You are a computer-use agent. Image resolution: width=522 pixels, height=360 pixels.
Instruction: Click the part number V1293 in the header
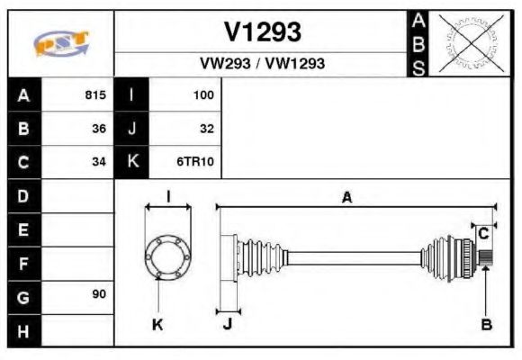tap(262, 32)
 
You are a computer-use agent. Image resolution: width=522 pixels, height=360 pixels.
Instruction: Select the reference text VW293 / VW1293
tap(262, 64)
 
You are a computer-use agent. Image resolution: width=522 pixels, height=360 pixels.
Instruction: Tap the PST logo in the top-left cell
tap(61, 42)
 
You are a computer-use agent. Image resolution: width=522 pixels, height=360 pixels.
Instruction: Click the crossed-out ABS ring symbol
tap(465, 42)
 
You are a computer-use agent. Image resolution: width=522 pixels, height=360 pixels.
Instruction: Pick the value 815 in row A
tap(95, 94)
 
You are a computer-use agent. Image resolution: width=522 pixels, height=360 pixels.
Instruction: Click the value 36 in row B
tap(99, 129)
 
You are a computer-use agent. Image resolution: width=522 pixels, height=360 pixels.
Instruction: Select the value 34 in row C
tap(99, 162)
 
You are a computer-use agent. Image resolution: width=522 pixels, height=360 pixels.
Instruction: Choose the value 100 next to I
tap(203, 94)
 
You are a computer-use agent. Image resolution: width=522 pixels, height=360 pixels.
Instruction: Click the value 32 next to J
tap(207, 129)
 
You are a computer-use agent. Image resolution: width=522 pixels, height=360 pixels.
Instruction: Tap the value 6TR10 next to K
tap(197, 162)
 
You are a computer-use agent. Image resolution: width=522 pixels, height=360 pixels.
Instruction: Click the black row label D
tap(23, 195)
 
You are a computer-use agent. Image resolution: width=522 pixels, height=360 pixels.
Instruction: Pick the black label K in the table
tap(132, 162)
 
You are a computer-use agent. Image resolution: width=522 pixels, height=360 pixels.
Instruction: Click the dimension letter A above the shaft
tap(346, 198)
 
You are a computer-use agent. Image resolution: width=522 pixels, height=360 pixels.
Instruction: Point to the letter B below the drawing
tap(486, 325)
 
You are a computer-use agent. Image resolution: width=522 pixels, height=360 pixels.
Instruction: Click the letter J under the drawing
tap(227, 325)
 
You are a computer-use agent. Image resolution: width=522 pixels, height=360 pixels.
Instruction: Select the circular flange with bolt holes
tap(168, 256)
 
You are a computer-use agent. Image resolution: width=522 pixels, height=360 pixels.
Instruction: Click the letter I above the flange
tap(168, 197)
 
